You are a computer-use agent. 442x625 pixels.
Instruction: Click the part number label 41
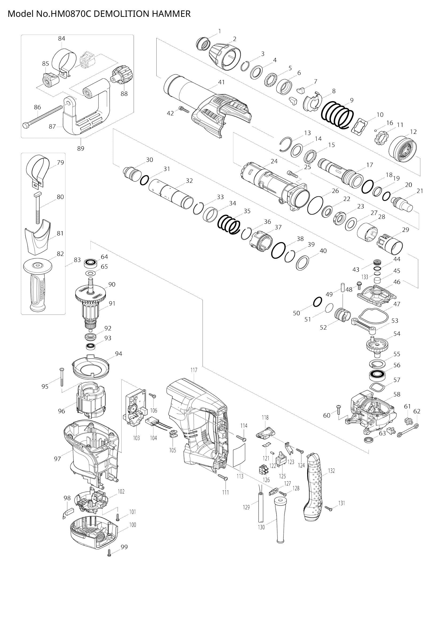click(x=221, y=82)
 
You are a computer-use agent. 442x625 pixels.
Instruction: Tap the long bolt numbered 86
click(x=44, y=117)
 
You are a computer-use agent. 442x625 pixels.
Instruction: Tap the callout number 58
click(x=397, y=394)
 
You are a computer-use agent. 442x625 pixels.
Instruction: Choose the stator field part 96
click(x=91, y=403)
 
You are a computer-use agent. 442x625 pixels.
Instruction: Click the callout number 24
click(x=274, y=161)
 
